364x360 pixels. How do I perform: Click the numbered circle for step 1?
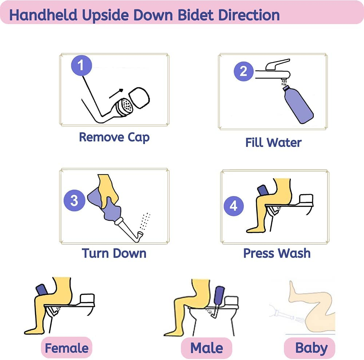pyautogui.click(x=81, y=65)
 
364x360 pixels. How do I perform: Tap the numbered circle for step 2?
pyautogui.click(x=244, y=71)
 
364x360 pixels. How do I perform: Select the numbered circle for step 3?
pyautogui.click(x=74, y=200)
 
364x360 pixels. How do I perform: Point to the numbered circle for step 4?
pyautogui.click(x=233, y=206)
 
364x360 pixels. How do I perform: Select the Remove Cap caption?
pyautogui.click(x=114, y=137)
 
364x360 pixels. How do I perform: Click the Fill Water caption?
pyautogui.click(x=273, y=142)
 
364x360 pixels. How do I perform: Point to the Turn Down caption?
pyautogui.click(x=114, y=253)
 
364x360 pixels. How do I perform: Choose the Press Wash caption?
pyautogui.click(x=277, y=253)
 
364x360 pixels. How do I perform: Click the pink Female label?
pyautogui.click(x=67, y=348)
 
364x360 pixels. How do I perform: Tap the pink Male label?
pyautogui.click(x=206, y=348)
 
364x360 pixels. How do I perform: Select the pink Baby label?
pyautogui.click(x=311, y=348)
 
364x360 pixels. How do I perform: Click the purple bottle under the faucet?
pyautogui.click(x=297, y=104)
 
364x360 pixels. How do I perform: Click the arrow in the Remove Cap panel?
pyautogui.click(x=116, y=94)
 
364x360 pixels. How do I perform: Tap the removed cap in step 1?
pyautogui.click(x=140, y=97)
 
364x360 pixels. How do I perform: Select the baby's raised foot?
pyautogui.click(x=293, y=287)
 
